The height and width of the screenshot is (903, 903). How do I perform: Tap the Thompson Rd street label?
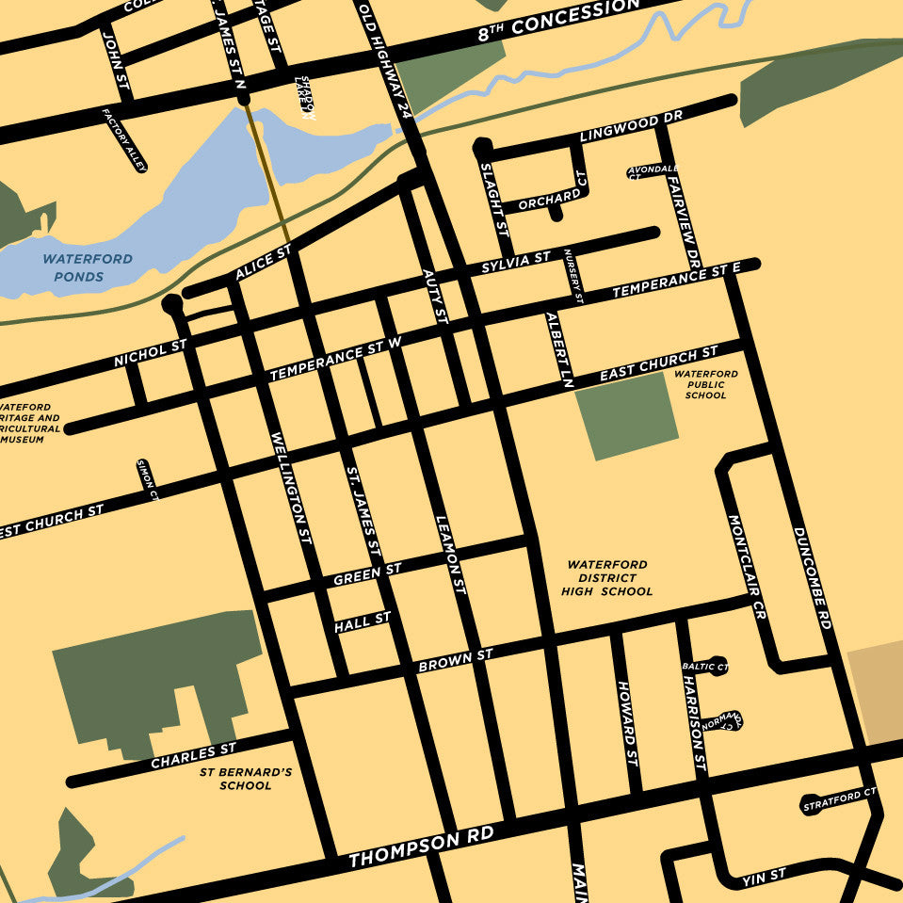point(420,847)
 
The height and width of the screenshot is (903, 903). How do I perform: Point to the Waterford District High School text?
point(606,578)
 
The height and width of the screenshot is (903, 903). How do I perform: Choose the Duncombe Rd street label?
point(812,578)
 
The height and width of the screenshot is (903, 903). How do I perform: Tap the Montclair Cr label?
point(748,566)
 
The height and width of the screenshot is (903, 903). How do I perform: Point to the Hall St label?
point(362,621)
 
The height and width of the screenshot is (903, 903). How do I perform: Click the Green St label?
point(367,573)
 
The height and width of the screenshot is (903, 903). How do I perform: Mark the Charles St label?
point(193,756)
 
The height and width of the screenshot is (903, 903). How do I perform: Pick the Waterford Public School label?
point(705,384)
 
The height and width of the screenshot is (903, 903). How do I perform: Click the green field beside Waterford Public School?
point(626,415)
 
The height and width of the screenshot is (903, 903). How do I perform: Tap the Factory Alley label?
point(125,138)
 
